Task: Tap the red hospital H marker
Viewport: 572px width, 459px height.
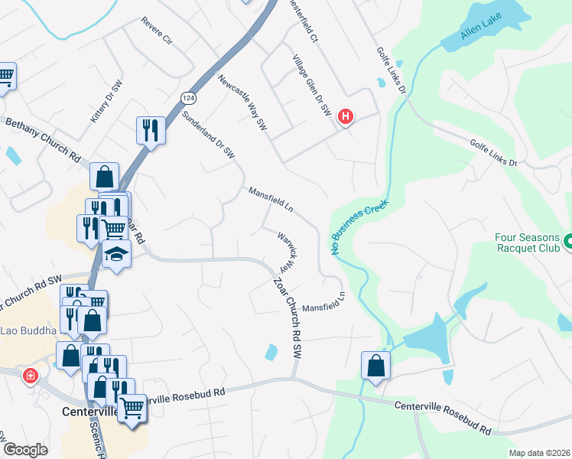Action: (346, 117)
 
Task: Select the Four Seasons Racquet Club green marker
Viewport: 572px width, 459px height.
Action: (567, 243)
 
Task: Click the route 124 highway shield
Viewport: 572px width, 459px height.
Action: (187, 98)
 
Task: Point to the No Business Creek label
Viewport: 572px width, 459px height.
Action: (359, 227)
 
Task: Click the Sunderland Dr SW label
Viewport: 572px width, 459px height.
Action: (208, 134)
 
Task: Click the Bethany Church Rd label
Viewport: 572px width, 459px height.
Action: (43, 138)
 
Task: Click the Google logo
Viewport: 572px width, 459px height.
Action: (25, 450)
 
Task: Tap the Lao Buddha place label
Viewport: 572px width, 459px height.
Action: (28, 330)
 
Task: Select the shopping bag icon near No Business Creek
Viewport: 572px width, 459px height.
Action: (376, 365)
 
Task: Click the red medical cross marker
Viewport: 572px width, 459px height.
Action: (30, 376)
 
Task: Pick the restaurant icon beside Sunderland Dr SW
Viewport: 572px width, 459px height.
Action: (151, 130)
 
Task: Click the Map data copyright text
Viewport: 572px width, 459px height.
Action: (539, 453)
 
